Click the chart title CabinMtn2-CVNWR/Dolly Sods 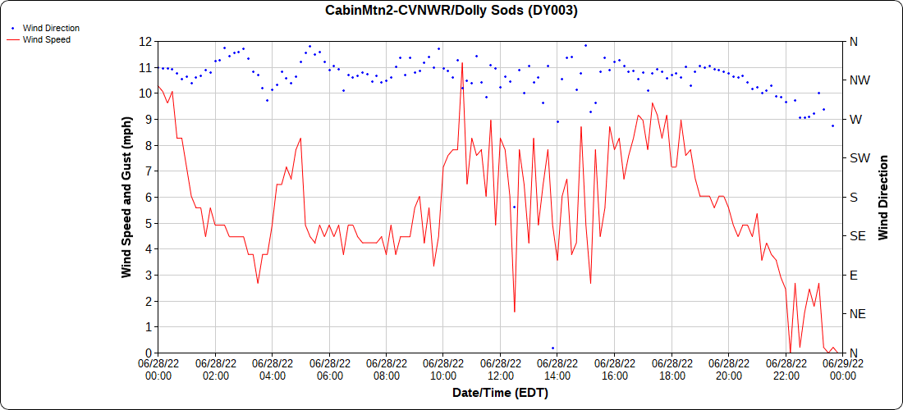click(451, 11)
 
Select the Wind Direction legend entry click(51, 28)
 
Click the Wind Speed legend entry click(46, 39)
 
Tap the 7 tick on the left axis click(148, 171)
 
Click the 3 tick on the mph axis click(148, 275)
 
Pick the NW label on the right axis click(859, 80)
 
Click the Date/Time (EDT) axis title click(500, 393)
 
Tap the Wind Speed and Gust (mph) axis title click(126, 197)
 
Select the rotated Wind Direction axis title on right click(883, 197)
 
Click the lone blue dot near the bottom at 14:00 click(552, 348)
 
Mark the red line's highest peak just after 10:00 click(462, 62)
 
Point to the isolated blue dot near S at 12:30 click(514, 207)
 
